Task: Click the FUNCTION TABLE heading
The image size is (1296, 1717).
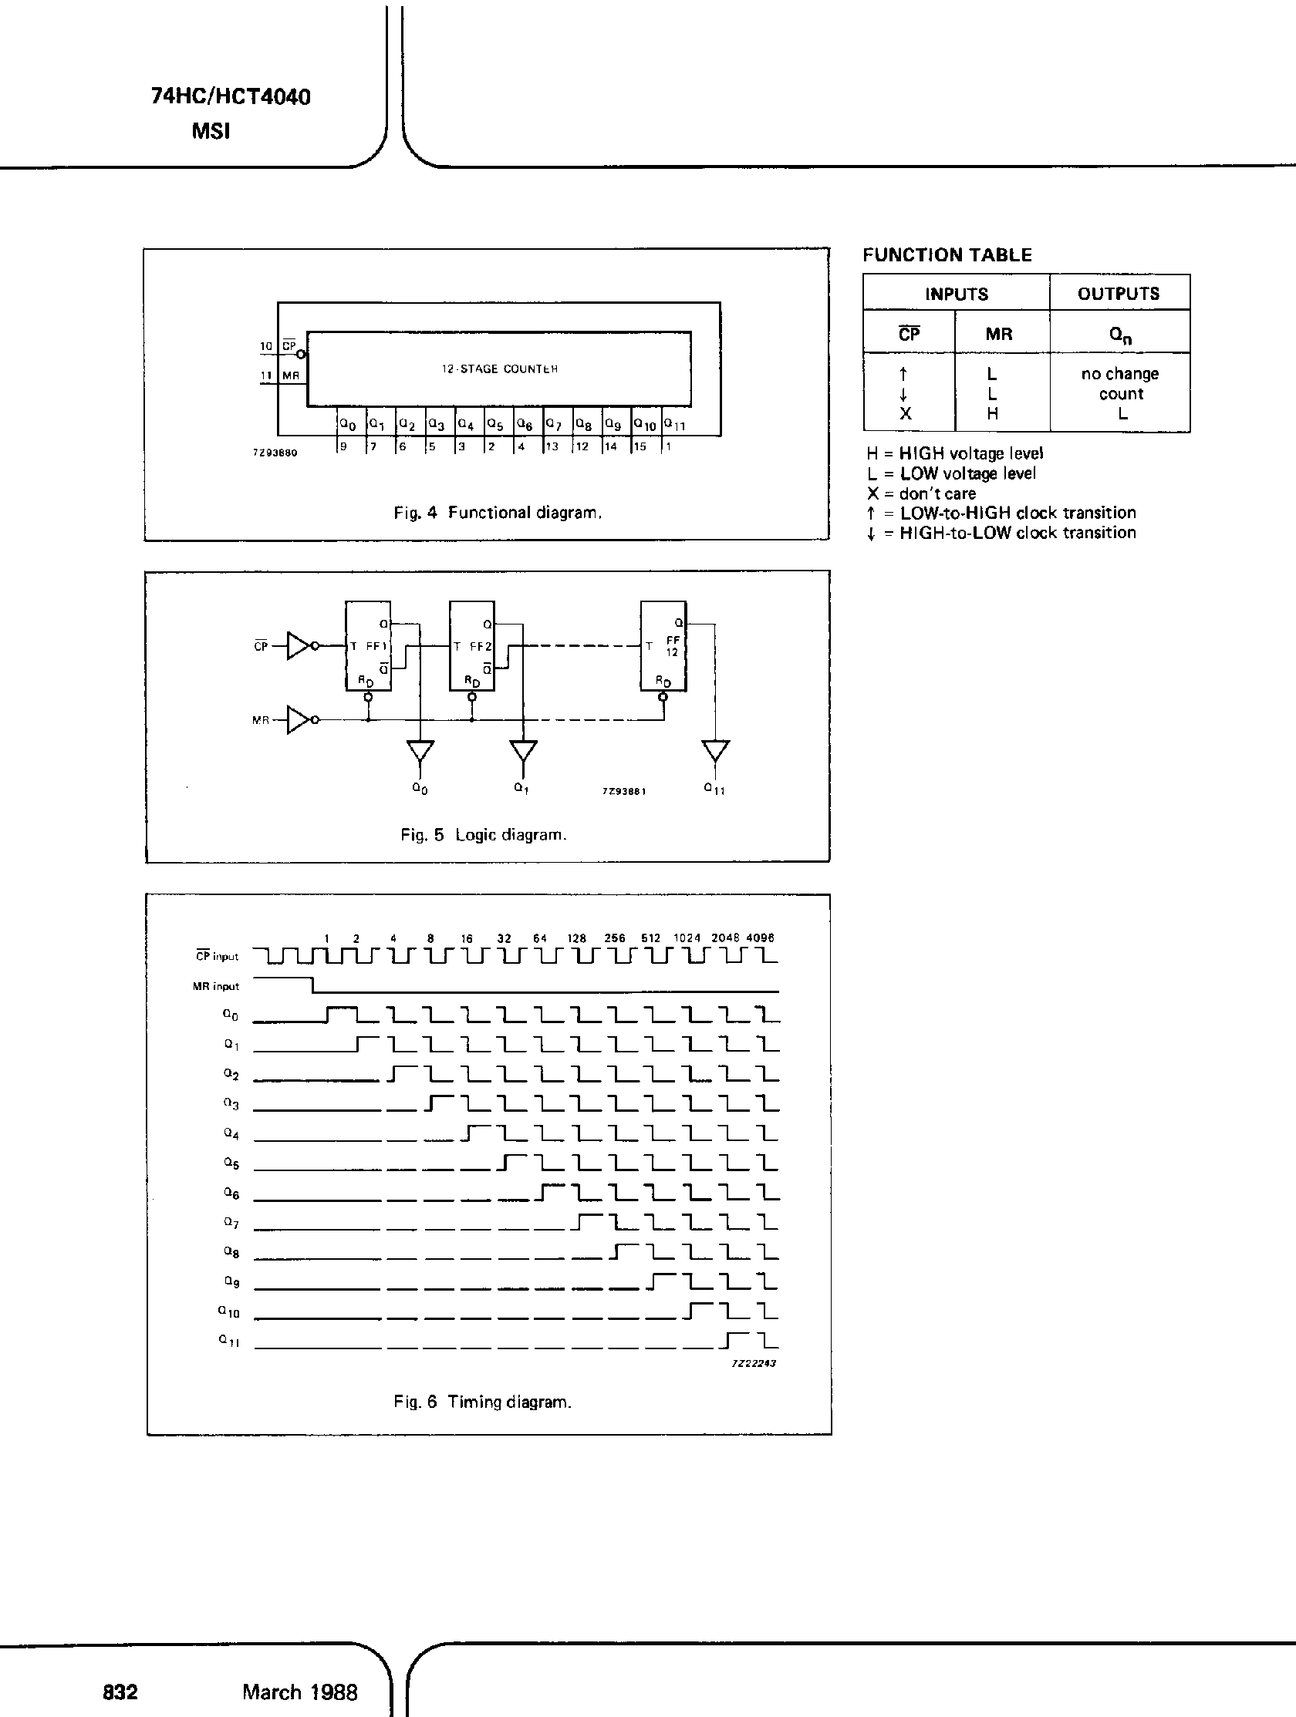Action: tap(947, 255)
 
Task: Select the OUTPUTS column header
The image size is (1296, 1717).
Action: tap(1118, 294)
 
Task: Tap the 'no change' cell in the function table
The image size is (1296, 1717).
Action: tap(1119, 373)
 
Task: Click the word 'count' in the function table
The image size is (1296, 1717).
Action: tap(1121, 393)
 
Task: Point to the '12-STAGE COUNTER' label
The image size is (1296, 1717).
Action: tap(499, 369)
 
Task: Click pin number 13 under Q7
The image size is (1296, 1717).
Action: tap(552, 446)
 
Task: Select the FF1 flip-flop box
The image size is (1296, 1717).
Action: tap(368, 646)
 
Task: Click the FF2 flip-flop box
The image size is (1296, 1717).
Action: tap(472, 646)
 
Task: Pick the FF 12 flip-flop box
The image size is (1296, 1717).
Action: tap(663, 646)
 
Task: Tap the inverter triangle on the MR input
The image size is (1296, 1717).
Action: tap(300, 719)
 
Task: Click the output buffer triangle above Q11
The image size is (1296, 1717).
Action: tap(715, 750)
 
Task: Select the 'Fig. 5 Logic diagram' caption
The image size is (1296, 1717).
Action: tap(483, 835)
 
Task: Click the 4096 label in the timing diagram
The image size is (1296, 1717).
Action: tap(760, 938)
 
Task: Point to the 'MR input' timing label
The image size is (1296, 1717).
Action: tap(216, 987)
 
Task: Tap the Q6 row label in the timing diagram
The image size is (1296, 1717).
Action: tap(231, 1193)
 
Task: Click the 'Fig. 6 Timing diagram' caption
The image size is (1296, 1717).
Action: tap(482, 1402)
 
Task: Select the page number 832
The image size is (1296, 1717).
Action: tap(120, 1692)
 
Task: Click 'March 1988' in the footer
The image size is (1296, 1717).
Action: tap(300, 1692)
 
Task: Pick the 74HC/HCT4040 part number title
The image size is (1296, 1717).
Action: tap(231, 97)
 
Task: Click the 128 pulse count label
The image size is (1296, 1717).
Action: tap(576, 938)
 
